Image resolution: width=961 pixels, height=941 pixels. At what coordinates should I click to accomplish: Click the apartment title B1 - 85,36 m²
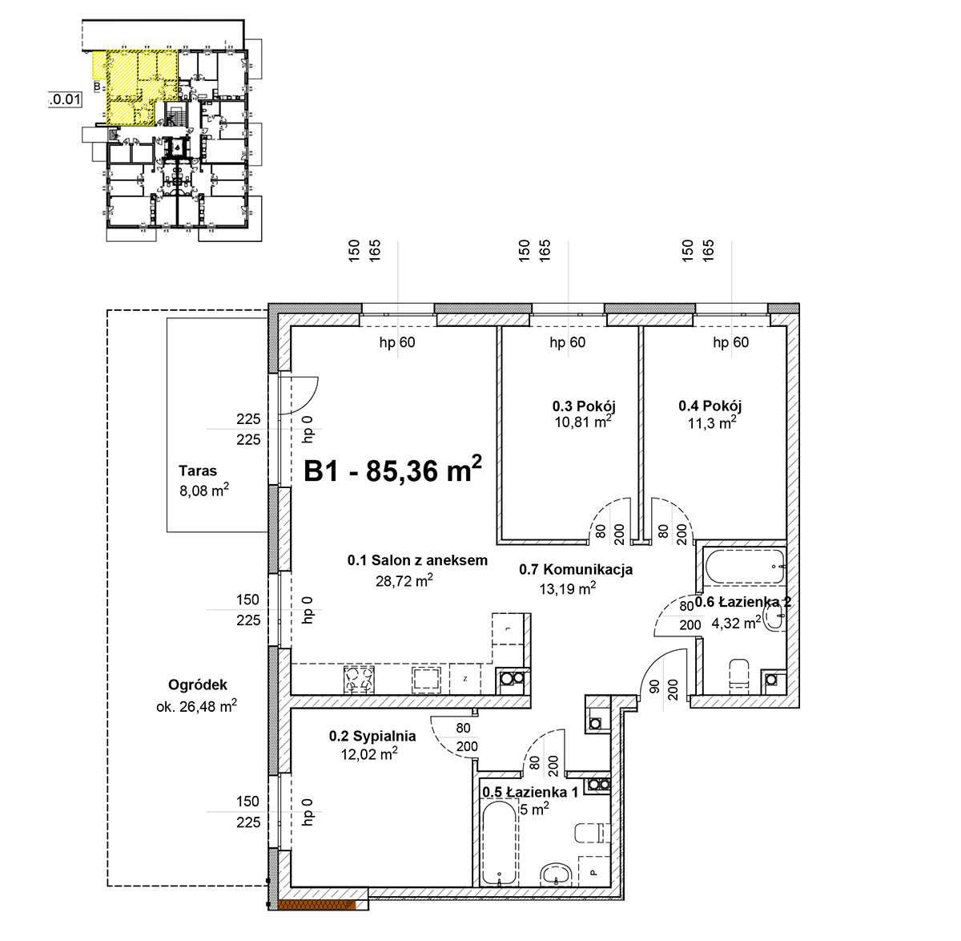[x=392, y=470]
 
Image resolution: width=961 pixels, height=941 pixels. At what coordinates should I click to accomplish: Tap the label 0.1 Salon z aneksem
[x=417, y=560]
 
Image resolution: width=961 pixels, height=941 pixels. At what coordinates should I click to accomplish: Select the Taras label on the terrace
[x=198, y=470]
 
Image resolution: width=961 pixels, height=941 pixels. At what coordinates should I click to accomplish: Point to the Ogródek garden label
[x=198, y=685]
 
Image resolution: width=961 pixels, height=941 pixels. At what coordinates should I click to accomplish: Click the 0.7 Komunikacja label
[x=575, y=569]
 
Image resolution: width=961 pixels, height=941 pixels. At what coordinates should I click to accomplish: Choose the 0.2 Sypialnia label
[x=372, y=737]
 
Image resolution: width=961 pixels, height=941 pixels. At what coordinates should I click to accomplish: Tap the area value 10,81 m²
[x=583, y=422]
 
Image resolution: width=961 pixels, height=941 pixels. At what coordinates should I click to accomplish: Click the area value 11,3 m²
[x=712, y=422]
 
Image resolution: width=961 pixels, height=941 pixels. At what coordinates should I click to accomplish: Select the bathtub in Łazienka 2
[x=746, y=567]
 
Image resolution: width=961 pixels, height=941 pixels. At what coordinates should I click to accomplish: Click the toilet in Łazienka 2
[x=739, y=673]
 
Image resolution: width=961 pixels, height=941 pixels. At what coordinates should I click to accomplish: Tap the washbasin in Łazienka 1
[x=556, y=875]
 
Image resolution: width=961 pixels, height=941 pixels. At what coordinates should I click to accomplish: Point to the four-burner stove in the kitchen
[x=359, y=680]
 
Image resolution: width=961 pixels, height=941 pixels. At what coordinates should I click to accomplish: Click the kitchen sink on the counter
[x=426, y=679]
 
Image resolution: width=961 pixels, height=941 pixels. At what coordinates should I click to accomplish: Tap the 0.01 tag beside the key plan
[x=65, y=99]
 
